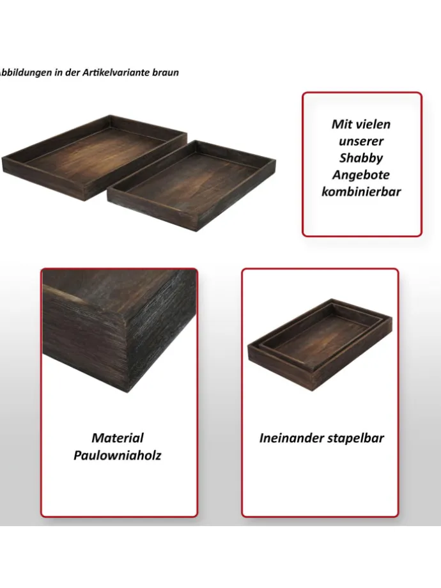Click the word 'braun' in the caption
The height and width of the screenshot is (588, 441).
(x=166, y=72)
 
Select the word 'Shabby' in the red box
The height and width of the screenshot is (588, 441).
(x=361, y=158)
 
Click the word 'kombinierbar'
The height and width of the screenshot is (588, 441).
(x=361, y=192)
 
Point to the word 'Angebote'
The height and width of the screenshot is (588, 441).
(x=361, y=174)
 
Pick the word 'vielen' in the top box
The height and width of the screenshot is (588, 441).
(x=373, y=124)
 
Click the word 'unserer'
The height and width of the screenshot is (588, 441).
(x=361, y=141)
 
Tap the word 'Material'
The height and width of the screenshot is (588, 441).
(x=118, y=438)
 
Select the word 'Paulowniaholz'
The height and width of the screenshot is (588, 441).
(x=118, y=455)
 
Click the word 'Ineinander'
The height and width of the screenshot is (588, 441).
(x=288, y=438)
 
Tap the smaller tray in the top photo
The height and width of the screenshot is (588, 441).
(x=192, y=185)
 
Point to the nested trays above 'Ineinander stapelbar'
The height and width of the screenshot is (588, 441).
(x=320, y=345)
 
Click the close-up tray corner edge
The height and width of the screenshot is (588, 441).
(x=120, y=330)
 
